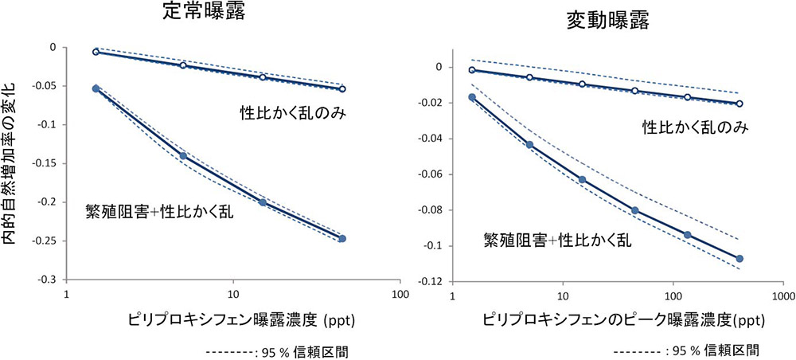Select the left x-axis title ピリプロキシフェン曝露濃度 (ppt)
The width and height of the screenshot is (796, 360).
point(241,321)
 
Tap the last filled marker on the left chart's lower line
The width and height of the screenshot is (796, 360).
point(342,239)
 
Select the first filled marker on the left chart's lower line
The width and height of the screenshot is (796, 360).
point(96,88)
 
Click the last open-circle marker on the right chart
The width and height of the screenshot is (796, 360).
point(739,104)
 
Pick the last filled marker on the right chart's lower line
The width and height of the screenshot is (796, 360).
point(739,258)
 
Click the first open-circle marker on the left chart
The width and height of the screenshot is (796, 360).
point(96,52)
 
